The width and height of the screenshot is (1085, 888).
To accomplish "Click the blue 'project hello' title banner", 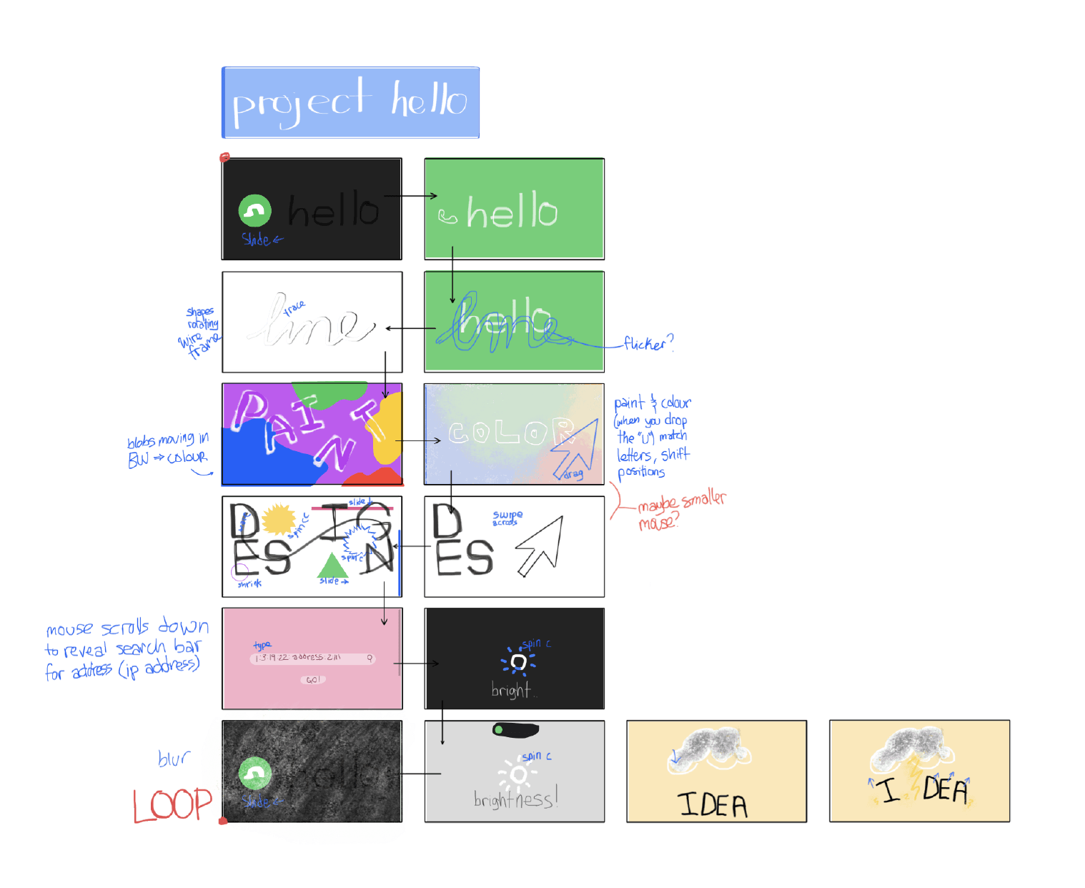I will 350,102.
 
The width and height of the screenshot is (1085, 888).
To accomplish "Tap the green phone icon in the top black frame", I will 254,211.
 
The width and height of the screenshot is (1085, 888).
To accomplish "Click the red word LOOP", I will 172,806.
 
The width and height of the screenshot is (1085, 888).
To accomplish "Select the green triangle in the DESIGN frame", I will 332,566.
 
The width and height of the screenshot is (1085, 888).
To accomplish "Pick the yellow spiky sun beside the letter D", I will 277,519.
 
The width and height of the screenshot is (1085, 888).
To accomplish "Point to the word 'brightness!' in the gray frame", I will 515,799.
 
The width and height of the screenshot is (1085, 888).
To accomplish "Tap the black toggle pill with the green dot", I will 515,730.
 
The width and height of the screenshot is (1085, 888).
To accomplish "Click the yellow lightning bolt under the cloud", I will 914,779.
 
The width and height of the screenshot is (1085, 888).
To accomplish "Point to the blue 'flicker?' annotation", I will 648,345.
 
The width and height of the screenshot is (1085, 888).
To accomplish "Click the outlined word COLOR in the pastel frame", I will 510,432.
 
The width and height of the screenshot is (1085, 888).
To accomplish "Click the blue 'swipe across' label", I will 507,518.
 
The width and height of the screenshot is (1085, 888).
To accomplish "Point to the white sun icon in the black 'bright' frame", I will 519,663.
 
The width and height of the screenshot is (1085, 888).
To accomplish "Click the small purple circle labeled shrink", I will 240,571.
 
